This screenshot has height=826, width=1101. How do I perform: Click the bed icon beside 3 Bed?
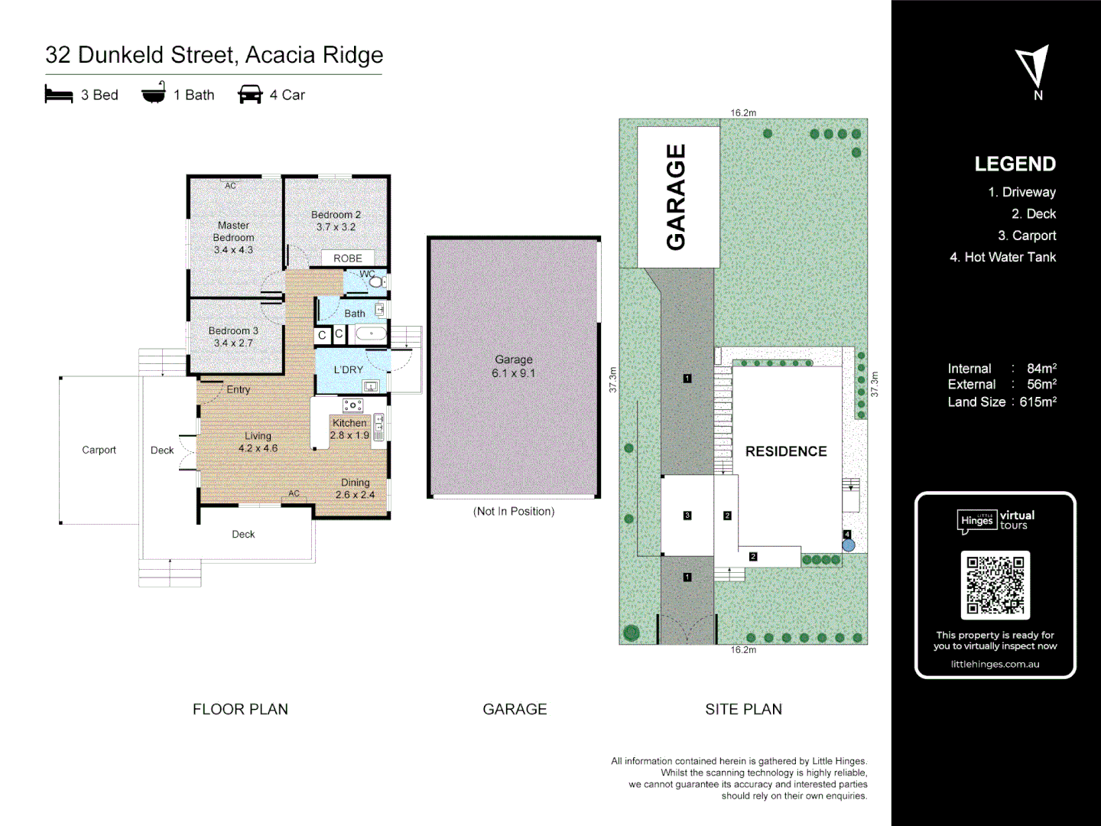coord(59,95)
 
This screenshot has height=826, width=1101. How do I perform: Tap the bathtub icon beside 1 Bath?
coord(154,93)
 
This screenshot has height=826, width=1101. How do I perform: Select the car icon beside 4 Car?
coord(250,95)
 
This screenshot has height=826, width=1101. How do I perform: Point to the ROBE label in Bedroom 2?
coord(348,259)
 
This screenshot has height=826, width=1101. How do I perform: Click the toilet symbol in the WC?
coord(375,281)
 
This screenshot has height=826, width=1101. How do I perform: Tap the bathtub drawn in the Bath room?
coord(372,334)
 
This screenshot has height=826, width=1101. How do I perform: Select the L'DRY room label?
coord(349,369)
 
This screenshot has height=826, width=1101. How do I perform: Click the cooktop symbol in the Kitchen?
coord(352,405)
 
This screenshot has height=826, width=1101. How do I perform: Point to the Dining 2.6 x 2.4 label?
coord(355,489)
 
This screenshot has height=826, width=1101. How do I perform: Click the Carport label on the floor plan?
coord(99,450)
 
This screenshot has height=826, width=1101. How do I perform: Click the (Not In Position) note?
coord(514,511)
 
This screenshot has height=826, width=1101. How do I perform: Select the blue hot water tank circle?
coord(848,545)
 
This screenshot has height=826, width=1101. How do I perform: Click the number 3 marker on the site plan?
coord(687,515)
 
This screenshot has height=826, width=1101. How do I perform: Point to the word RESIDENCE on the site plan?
coord(786,451)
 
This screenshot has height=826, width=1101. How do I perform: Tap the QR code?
coord(995,585)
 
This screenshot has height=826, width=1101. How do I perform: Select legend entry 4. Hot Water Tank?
coord(1002,257)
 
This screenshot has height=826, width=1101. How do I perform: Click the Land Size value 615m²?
coord(1038,402)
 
